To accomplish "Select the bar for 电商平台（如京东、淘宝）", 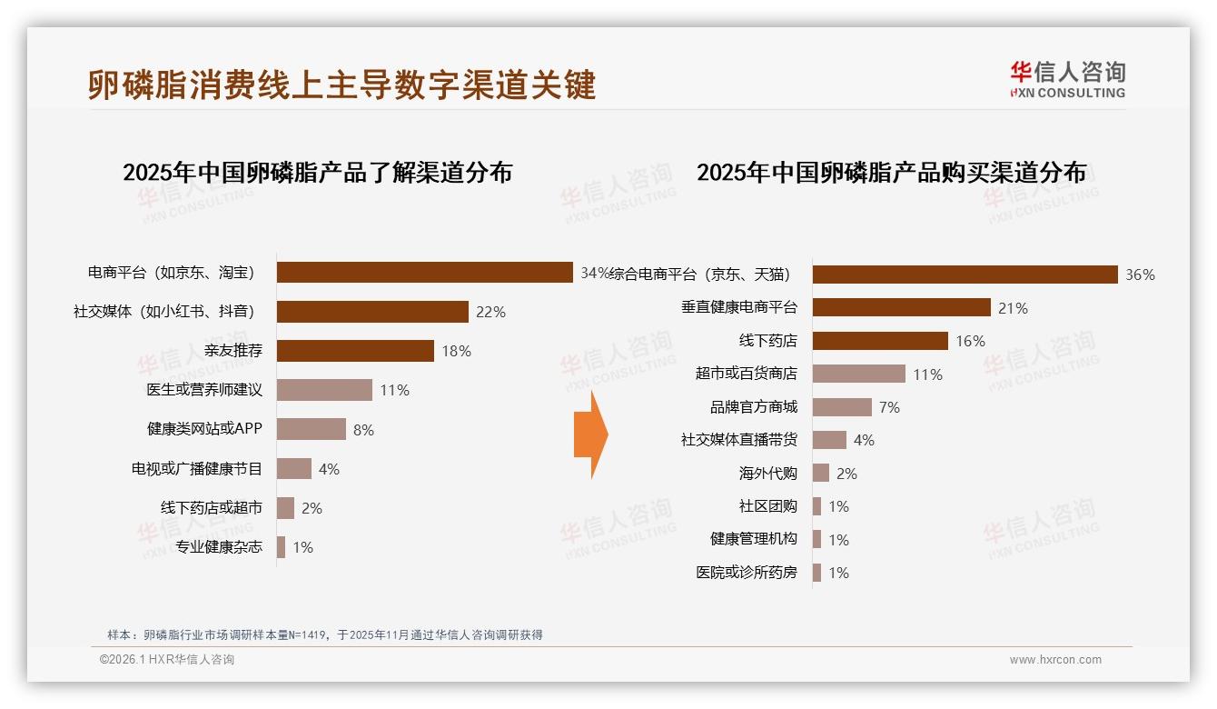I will [424, 273].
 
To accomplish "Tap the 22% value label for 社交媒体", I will [490, 312].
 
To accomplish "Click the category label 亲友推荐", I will [233, 351].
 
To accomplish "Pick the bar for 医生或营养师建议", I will [324, 390].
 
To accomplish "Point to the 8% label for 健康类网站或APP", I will [363, 430].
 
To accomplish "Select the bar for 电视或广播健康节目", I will [294, 469].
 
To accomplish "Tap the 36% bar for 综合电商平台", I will [965, 275].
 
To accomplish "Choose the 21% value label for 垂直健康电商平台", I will [1013, 308].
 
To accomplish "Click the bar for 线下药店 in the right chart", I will [880, 341].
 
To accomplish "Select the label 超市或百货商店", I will [746, 374].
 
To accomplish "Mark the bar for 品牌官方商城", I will [842, 407].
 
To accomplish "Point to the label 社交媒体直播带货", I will [738, 440].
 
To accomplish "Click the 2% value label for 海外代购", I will [846, 474].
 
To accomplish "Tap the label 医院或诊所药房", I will [746, 573].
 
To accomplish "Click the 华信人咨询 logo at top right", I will [1067, 79].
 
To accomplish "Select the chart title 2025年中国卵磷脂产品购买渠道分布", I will [891, 173].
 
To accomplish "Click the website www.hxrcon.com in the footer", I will [1055, 660].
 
